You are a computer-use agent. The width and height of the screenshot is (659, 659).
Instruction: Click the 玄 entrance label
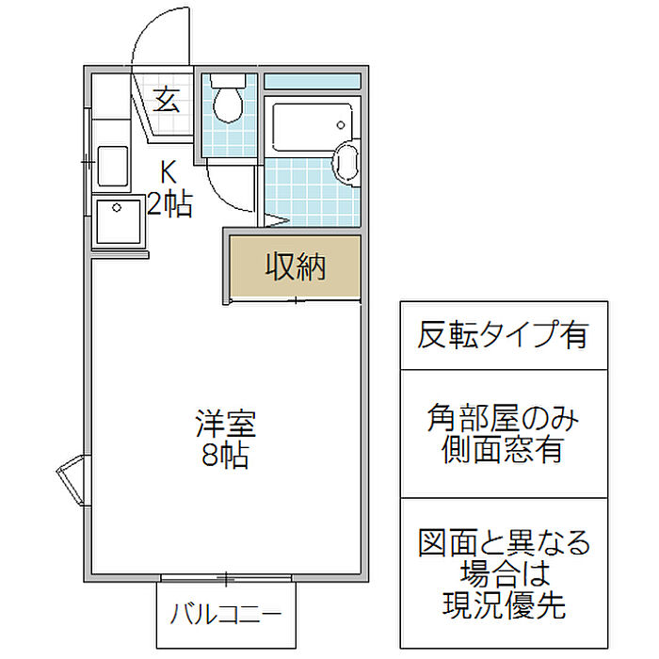[167, 101]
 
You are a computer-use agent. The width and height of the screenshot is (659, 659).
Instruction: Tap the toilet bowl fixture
[228, 105]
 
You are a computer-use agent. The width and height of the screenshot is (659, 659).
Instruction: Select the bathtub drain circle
[341, 125]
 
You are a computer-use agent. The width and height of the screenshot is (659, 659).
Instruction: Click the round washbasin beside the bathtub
[346, 163]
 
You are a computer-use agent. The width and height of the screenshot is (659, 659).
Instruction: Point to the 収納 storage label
[296, 266]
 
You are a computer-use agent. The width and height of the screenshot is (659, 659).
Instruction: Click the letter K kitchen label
[169, 171]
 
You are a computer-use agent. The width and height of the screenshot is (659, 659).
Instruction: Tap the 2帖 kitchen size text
[169, 204]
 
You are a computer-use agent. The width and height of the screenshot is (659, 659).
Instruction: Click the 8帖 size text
[225, 456]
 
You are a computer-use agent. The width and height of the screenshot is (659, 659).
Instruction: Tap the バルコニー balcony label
[226, 614]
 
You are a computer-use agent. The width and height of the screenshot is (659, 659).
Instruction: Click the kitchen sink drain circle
[117, 208]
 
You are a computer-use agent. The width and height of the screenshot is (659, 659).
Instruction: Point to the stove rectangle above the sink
[113, 166]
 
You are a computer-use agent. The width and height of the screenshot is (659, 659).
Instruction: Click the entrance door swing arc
[161, 37]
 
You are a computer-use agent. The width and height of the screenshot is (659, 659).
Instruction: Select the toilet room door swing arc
[231, 188]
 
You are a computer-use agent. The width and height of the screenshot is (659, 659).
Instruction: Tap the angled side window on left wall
[71, 479]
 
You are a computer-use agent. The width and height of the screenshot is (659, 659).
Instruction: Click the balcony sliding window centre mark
[226, 579]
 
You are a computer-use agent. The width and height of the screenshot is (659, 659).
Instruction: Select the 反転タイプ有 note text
[503, 335]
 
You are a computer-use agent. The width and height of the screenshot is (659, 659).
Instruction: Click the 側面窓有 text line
[503, 449]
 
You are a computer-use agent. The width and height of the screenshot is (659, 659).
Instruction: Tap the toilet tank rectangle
[228, 81]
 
